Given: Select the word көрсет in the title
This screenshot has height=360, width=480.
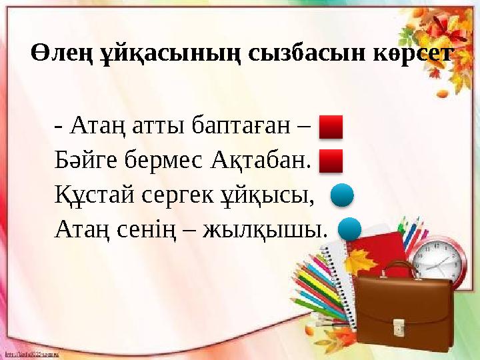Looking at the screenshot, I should pyautogui.click(x=407, y=53).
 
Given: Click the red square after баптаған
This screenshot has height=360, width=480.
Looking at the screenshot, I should pyautogui.click(x=331, y=126).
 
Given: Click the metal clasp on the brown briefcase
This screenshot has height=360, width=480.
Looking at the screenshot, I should pyautogui.click(x=398, y=326).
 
